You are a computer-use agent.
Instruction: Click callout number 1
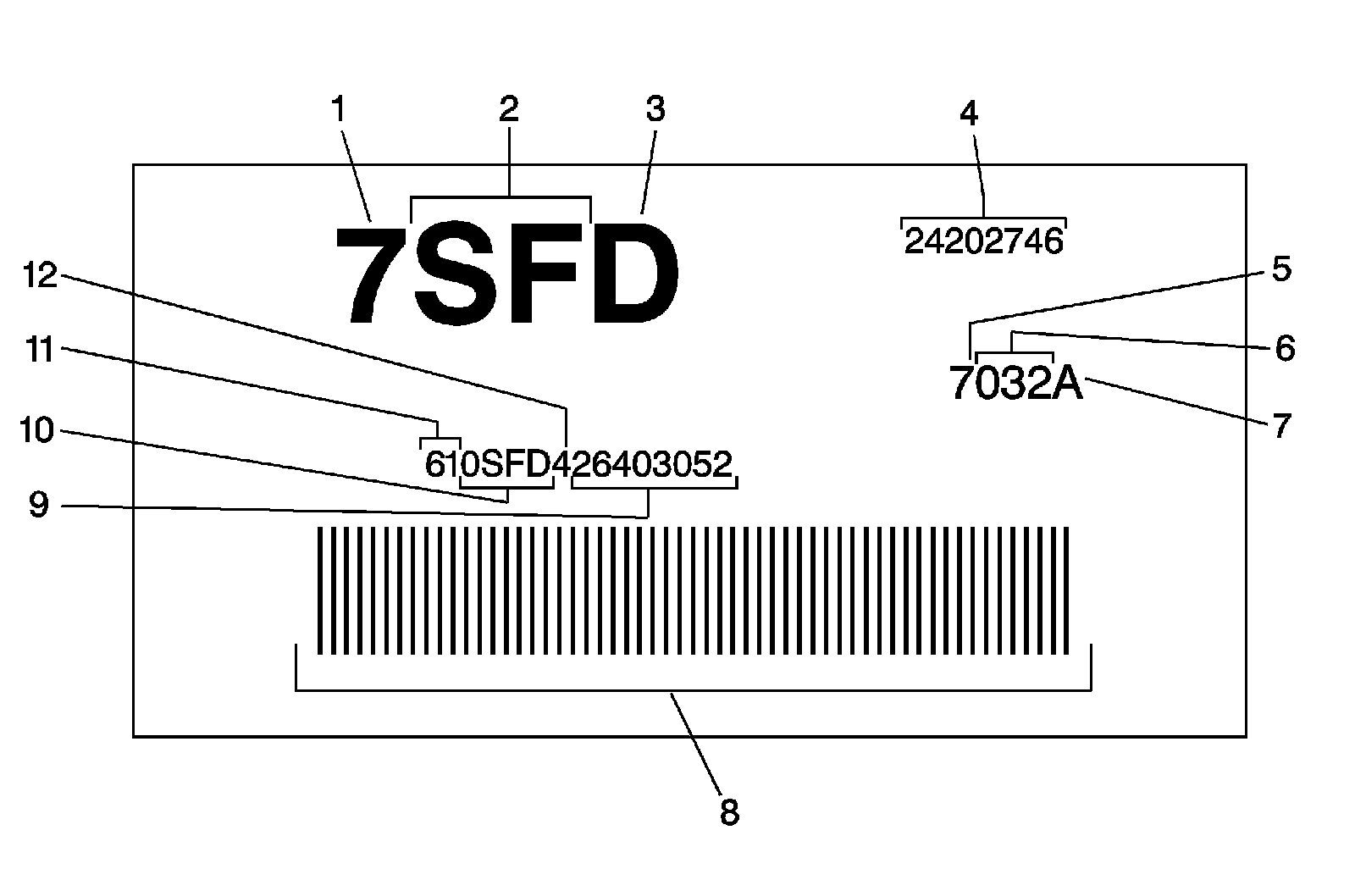339,110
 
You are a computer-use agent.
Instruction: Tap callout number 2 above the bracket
508,110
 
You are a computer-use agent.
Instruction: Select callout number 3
655,110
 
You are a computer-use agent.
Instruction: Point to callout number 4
969,113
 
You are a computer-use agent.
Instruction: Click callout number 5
1281,269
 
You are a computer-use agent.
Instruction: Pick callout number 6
1285,348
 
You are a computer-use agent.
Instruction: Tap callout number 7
1281,425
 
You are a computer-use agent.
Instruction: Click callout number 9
39,506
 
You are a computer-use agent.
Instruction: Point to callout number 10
37,431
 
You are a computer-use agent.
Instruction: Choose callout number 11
39,349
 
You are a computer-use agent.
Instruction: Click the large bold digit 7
370,274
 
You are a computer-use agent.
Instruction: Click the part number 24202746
982,242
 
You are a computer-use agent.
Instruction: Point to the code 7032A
1015,384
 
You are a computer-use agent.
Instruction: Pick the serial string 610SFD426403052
578,464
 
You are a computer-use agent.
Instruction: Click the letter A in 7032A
1067,384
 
